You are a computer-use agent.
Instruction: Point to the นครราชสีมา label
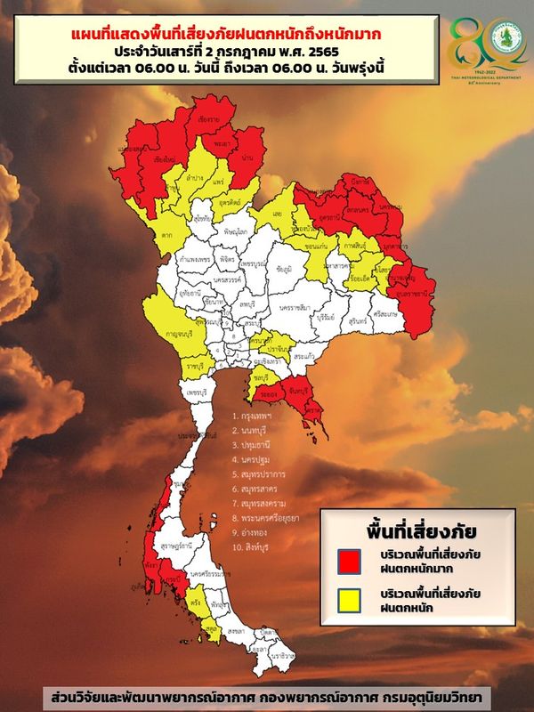coord(295,307)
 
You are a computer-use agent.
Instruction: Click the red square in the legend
coord(350,562)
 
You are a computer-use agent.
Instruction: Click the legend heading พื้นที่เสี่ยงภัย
coord(415,530)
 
